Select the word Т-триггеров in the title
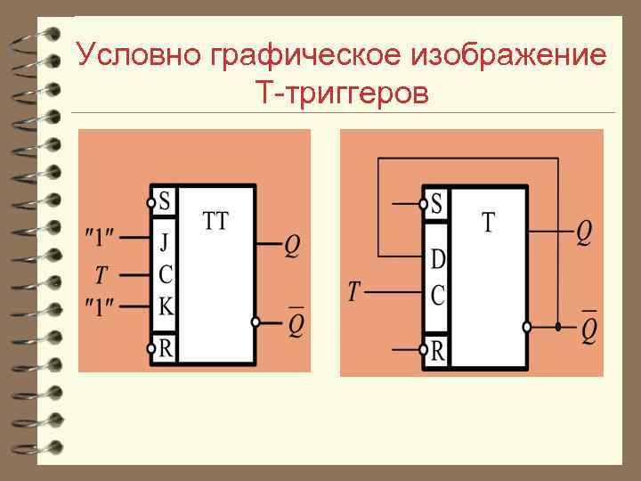(x=341, y=91)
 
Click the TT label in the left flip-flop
(x=215, y=220)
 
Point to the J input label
(x=165, y=241)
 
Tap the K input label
(x=166, y=306)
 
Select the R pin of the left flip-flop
(x=165, y=347)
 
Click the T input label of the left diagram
(x=101, y=272)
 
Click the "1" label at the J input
(x=99, y=239)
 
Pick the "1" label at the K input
(x=99, y=306)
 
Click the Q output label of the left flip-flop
(x=292, y=245)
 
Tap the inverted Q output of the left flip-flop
(x=296, y=324)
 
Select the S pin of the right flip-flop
(x=435, y=204)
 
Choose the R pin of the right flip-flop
(x=436, y=351)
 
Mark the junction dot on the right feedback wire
(x=558, y=327)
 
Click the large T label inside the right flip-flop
(x=489, y=223)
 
